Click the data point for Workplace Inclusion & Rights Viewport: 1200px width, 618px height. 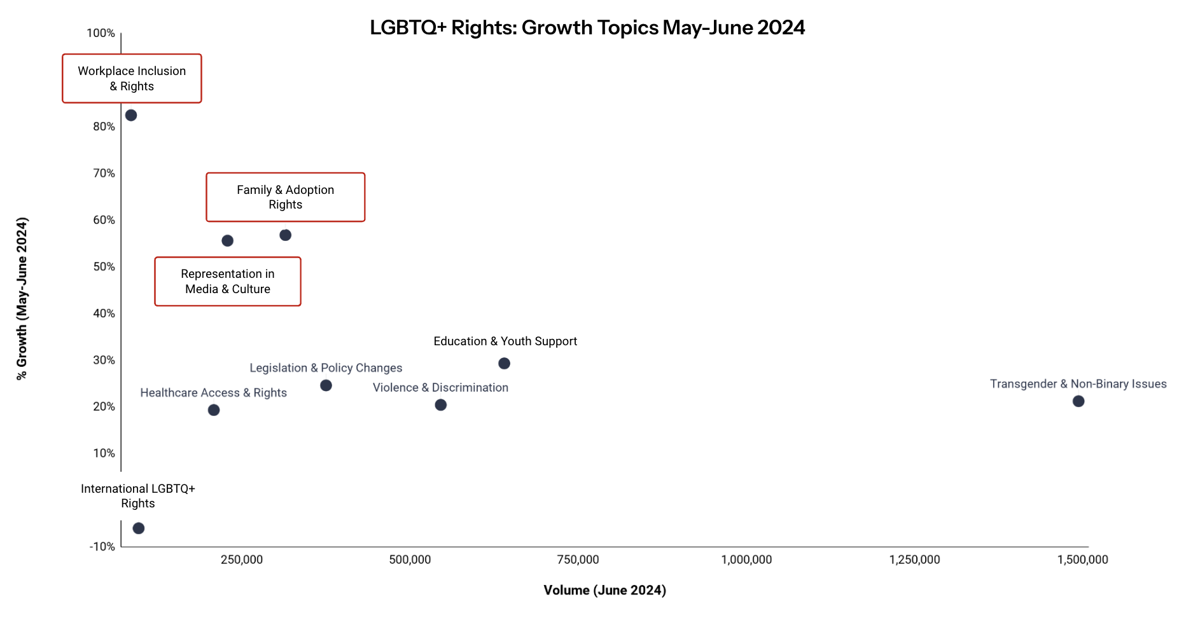[x=131, y=115]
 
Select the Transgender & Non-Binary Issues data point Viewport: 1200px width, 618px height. [x=1078, y=401]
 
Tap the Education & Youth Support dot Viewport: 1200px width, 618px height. [x=504, y=364]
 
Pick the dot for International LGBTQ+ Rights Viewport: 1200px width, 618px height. [x=139, y=528]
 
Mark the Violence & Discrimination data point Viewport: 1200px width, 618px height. [x=440, y=405]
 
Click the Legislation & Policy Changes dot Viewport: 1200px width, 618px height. [x=326, y=385]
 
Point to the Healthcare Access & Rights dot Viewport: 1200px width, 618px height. [x=214, y=410]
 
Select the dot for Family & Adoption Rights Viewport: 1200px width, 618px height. [x=285, y=235]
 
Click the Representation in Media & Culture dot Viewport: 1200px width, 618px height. [x=227, y=241]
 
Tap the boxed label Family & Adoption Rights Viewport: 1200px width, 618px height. [x=285, y=197]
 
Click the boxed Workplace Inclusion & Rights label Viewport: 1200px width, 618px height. [x=132, y=78]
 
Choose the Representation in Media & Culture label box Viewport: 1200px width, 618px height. [x=228, y=282]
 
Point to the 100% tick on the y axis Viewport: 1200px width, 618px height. [x=101, y=33]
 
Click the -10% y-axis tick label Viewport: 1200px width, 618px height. [x=102, y=547]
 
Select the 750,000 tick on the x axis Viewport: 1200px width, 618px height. [x=578, y=560]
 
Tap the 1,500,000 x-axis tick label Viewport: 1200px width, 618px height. [x=1082, y=560]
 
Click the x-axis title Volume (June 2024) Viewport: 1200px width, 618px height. [x=604, y=590]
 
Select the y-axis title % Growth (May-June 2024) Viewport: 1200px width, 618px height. [x=22, y=299]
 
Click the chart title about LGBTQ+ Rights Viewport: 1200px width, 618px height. [x=587, y=28]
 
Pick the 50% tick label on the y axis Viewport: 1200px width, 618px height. [x=104, y=266]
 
